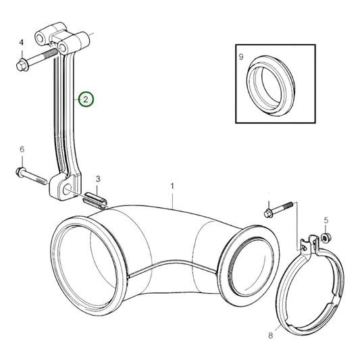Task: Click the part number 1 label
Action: point(173,185)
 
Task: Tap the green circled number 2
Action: point(86,99)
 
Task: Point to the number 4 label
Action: point(22,42)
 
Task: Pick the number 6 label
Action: point(22,149)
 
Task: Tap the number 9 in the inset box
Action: point(242,57)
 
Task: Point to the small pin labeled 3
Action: point(95,197)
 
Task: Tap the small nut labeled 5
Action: point(325,237)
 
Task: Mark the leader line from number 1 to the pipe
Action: point(174,199)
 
